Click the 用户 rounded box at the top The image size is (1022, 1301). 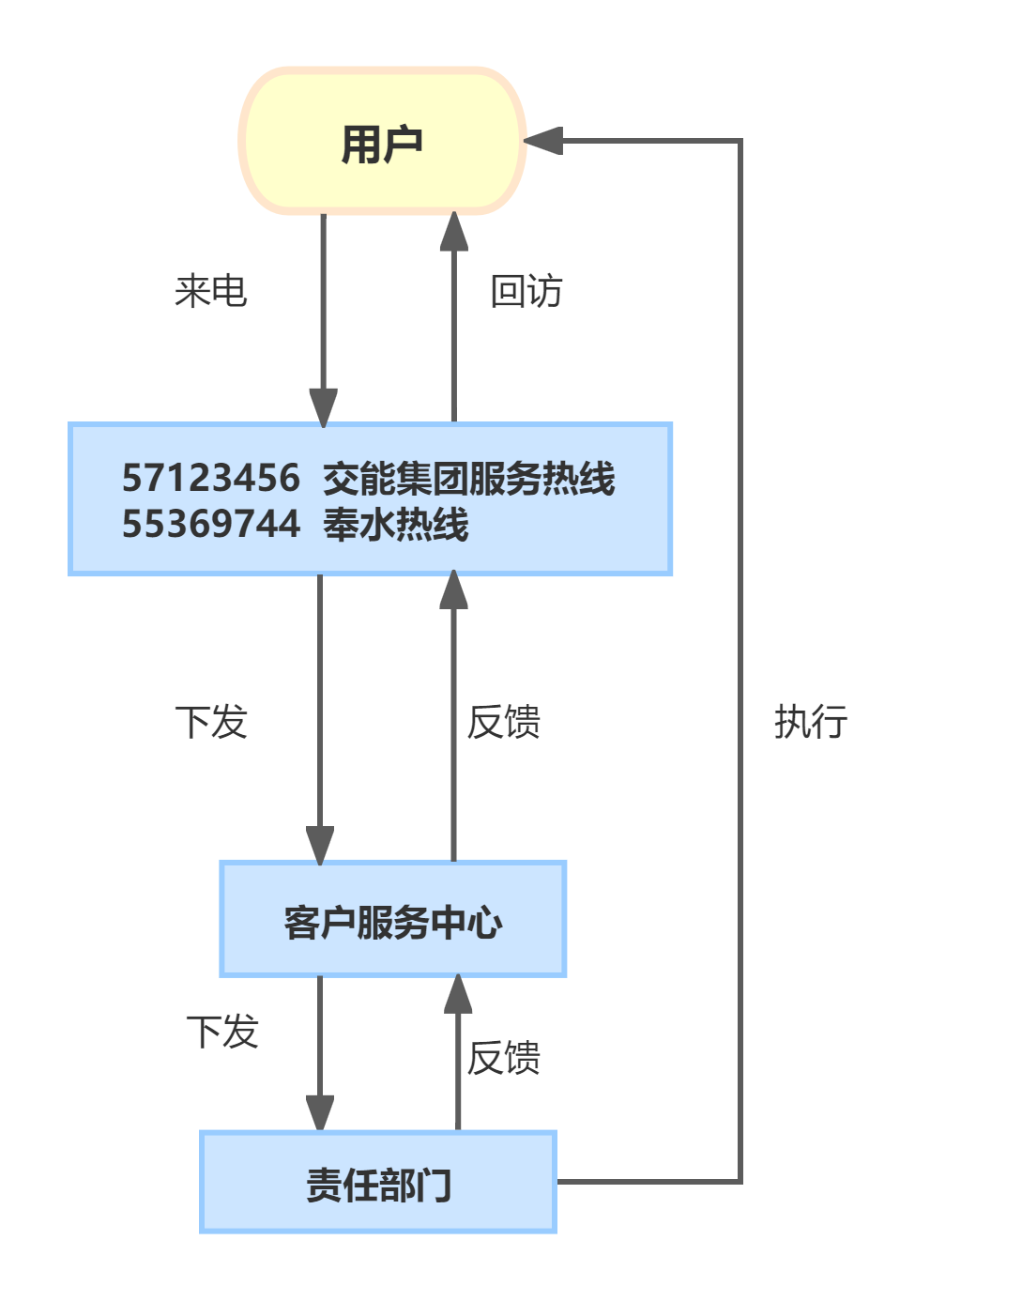coord(382,142)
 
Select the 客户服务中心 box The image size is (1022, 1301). coord(392,920)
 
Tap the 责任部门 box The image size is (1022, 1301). coord(378,1183)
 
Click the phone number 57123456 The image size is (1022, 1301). coord(211,478)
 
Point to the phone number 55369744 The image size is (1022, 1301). coord(211,524)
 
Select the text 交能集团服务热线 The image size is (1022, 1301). coord(468,478)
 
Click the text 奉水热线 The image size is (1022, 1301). coord(395,524)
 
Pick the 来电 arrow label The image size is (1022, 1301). coord(211,291)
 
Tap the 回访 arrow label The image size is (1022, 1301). coord(526,291)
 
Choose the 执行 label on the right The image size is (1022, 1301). coord(811,722)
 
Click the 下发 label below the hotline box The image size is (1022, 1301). coord(211,722)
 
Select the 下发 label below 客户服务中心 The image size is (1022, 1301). coord(222,1032)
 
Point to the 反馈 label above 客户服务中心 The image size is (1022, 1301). coord(504,722)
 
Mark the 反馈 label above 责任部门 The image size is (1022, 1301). coord(504,1058)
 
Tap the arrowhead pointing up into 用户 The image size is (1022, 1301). coord(454,232)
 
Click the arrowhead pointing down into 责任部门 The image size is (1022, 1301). coord(320,1113)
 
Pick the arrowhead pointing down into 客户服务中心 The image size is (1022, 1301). coord(320,844)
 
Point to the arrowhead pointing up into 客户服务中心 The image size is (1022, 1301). coord(458,994)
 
